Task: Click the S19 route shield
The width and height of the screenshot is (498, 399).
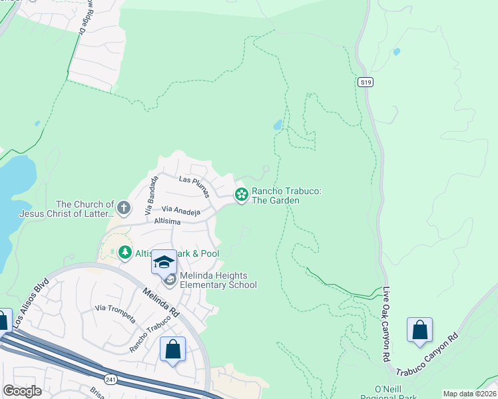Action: pos(364,82)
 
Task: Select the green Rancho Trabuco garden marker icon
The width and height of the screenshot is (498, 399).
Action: pos(241,195)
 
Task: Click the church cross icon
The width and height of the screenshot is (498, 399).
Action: pos(123,209)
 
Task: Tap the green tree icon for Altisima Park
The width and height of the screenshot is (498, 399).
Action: pos(124,253)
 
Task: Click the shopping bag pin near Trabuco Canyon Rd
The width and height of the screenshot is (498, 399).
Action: pos(419,330)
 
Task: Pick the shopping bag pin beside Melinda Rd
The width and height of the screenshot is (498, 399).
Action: pos(172,348)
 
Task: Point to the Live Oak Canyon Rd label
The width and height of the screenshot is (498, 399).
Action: pos(386,325)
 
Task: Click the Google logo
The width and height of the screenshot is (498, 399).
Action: pos(22,391)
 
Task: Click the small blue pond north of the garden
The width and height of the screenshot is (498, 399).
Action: pos(278,124)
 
